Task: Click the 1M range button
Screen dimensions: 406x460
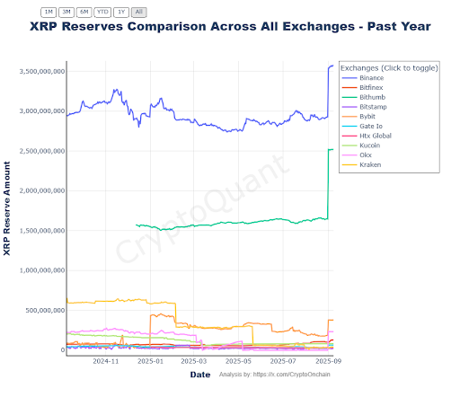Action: (x=49, y=13)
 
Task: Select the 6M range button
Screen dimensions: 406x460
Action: (x=84, y=13)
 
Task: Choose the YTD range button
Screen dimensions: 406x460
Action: (x=102, y=13)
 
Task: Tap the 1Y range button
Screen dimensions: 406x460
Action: (x=120, y=13)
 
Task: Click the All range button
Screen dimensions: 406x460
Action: (x=138, y=13)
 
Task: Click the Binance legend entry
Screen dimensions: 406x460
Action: (x=371, y=78)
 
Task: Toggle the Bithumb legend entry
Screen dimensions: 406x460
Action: (x=371, y=98)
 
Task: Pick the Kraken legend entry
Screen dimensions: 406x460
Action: (x=370, y=164)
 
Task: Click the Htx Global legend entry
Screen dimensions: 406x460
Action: (x=375, y=136)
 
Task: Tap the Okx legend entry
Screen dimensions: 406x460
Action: (x=367, y=154)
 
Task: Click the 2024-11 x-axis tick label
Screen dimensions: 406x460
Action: (x=106, y=361)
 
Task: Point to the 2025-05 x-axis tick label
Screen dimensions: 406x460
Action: (x=238, y=361)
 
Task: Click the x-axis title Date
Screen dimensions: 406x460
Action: (x=200, y=375)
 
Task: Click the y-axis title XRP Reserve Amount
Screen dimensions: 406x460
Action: (x=7, y=208)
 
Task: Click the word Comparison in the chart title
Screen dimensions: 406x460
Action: (x=181, y=27)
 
